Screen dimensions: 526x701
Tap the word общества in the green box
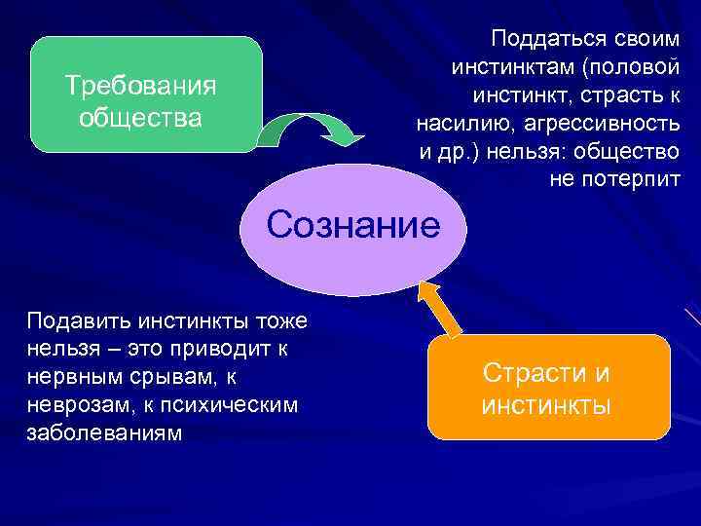click(140, 118)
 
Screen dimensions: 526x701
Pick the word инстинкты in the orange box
click(546, 405)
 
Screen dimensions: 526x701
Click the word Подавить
click(76, 320)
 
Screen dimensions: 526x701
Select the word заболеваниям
click(104, 432)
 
